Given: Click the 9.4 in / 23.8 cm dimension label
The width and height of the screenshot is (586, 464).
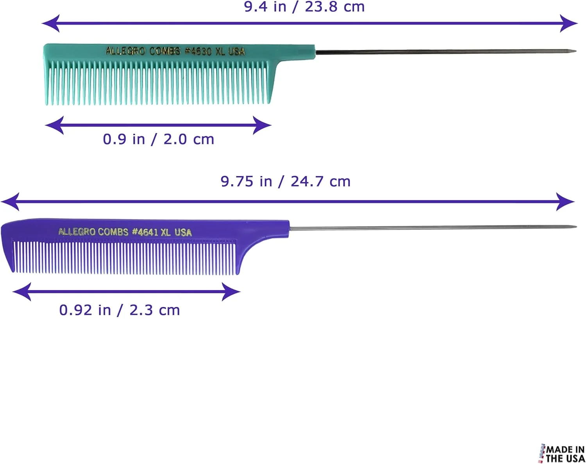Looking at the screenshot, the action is point(304,7).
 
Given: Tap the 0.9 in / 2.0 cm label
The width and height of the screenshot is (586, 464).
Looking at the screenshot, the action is point(159,139).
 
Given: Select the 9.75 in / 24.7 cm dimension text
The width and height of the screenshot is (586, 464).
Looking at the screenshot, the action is point(285,181).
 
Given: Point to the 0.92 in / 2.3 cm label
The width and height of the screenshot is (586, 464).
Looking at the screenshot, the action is point(120,310).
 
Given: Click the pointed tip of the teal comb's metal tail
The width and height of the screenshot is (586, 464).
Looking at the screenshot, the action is point(576,51).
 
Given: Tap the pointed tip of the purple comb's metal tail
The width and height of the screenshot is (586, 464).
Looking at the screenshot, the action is point(576,227).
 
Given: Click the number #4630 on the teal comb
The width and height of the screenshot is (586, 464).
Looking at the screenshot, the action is point(198,51).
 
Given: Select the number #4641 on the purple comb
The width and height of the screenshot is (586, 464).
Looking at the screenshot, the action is point(145,232).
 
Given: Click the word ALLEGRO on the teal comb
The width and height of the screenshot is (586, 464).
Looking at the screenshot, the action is point(125,51).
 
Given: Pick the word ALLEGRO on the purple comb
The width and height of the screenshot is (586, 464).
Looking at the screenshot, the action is point(77,232).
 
